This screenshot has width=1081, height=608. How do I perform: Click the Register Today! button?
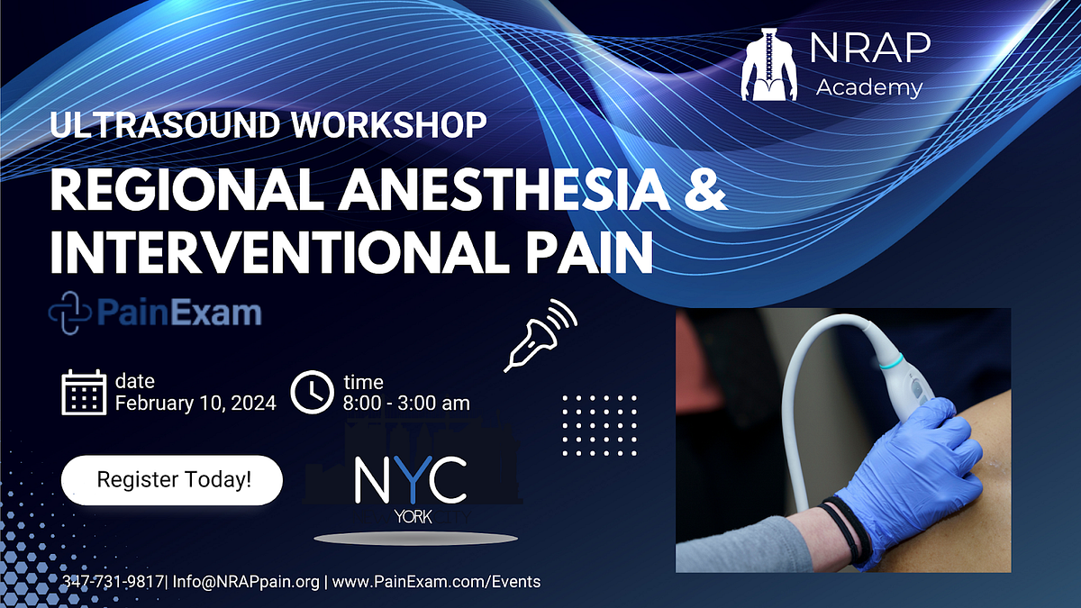point(171,480)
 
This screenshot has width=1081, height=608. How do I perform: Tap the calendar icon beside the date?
point(84,393)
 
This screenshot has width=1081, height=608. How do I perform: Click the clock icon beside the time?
point(312,393)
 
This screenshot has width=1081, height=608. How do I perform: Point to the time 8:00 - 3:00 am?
point(406,403)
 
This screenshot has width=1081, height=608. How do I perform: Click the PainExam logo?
point(155,313)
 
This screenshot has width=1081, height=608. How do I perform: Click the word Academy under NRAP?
point(868,87)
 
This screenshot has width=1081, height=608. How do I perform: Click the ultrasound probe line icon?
point(539,334)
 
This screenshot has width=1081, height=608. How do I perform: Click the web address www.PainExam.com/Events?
point(437,582)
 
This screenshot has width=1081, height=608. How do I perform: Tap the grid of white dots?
point(599,424)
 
